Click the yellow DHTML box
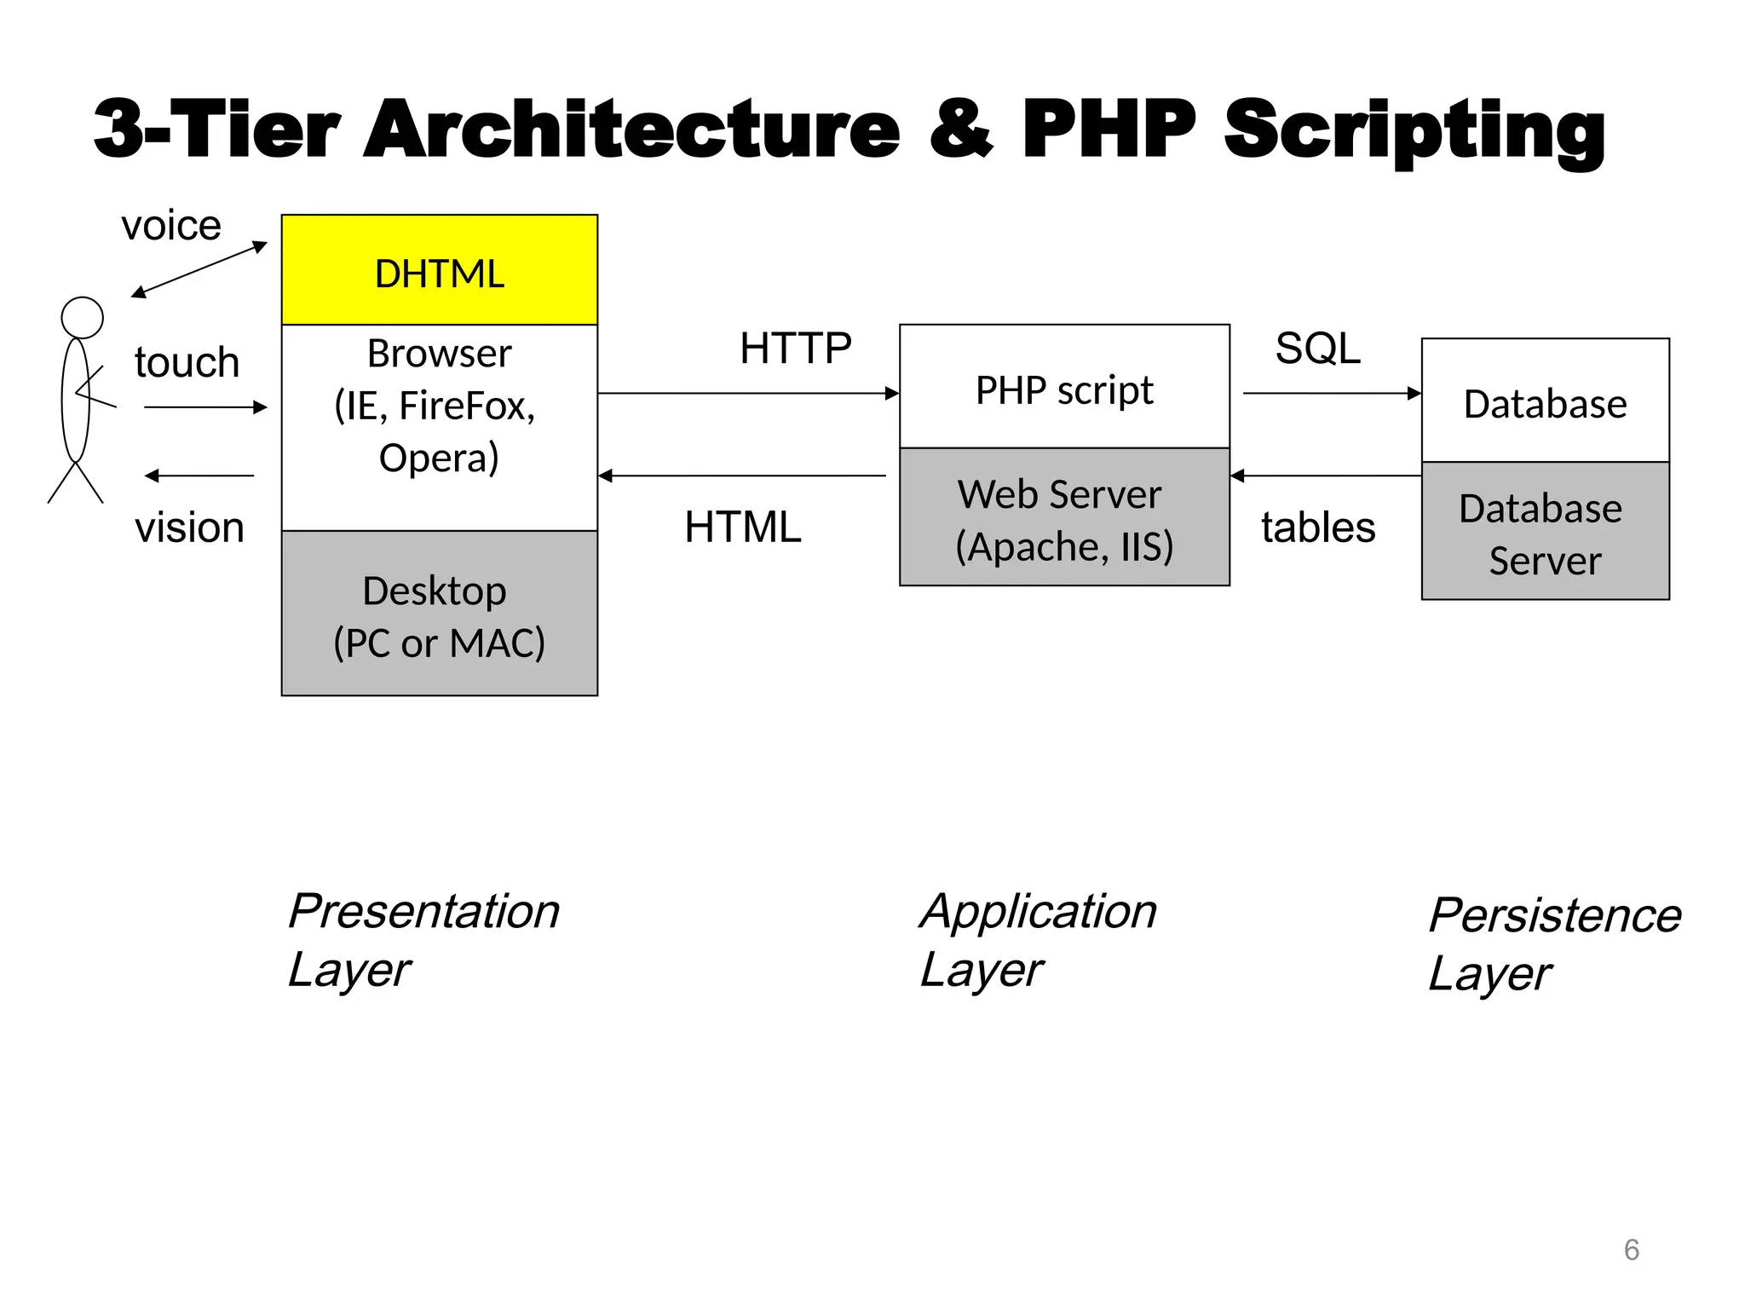coord(439,270)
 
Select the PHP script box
coord(1064,388)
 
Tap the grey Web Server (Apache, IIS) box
coord(1064,518)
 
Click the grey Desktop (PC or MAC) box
coord(439,614)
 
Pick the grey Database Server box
coord(1544,532)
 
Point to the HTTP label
coord(795,349)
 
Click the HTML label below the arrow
coord(742,527)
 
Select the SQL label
coord(1317,349)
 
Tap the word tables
coord(1318,528)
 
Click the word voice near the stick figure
coord(171,226)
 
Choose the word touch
coord(187,362)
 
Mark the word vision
coord(189,528)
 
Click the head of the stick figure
coord(83,318)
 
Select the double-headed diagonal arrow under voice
coord(199,270)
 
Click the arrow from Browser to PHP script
coord(748,394)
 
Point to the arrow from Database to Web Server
coord(1326,476)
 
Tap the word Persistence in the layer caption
coord(1554,916)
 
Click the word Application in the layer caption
coord(1038,912)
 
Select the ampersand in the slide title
coord(961,130)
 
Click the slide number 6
coord(1631,1249)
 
